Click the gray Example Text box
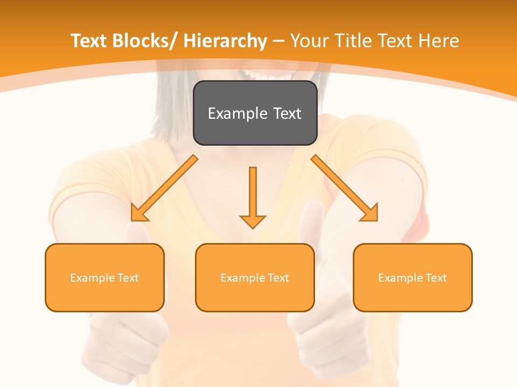[x=255, y=113]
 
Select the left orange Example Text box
[x=104, y=277]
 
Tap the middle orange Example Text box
[x=255, y=277]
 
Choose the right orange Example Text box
[x=413, y=277]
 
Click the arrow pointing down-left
[x=164, y=188]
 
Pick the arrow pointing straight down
[x=253, y=196]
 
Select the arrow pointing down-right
[x=345, y=188]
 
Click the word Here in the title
[x=438, y=41]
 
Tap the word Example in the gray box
[x=237, y=113]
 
